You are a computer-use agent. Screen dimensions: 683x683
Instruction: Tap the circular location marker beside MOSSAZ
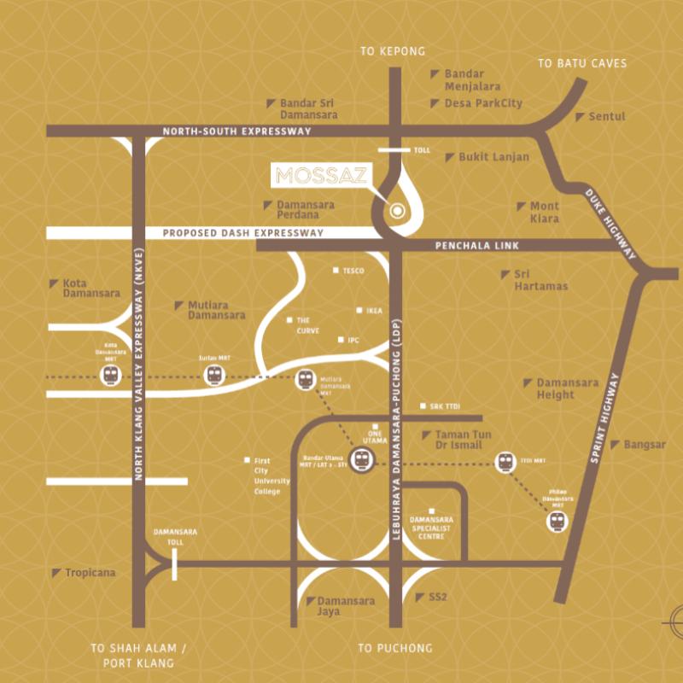coord(396,210)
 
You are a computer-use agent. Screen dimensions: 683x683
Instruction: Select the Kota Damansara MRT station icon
coord(111,377)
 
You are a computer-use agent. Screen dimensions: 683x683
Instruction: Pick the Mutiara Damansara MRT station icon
coord(305,380)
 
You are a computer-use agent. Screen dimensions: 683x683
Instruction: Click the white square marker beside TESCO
coord(336,271)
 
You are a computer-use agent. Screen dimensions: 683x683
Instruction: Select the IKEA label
coord(374,311)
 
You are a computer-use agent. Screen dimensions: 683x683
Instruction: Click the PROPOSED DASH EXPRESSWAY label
coord(243,232)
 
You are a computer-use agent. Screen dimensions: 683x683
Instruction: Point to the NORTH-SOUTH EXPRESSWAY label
coord(237,131)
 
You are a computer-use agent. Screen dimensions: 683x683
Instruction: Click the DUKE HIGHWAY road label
coord(610,224)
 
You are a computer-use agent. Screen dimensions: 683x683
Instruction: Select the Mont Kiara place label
coord(544,212)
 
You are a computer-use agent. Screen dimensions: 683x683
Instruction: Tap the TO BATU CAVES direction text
coord(582,63)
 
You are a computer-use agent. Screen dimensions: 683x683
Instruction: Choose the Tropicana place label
coord(90,573)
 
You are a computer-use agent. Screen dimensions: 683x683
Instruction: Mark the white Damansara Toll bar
coord(174,565)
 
